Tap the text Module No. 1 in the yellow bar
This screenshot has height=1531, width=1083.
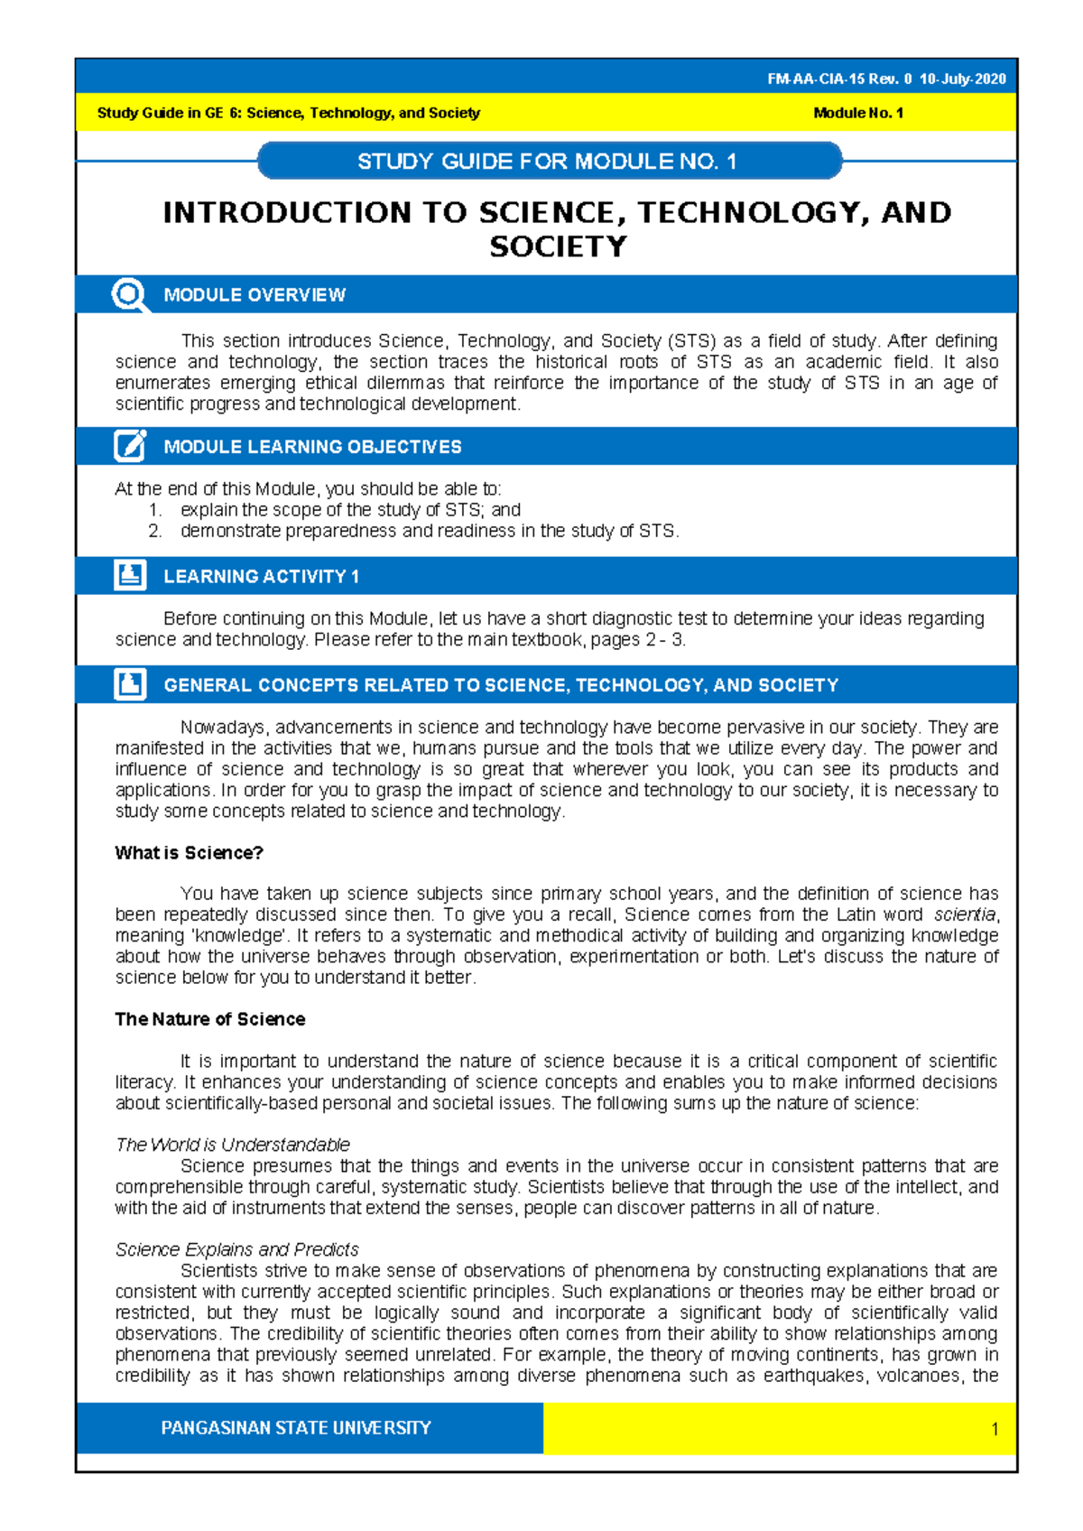coord(857,113)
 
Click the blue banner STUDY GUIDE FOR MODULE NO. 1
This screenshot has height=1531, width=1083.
coord(548,162)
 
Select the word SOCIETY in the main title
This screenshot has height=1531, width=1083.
coord(557,247)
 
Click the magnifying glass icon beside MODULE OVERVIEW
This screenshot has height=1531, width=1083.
coord(129,295)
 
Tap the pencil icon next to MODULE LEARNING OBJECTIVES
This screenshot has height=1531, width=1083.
coord(130,446)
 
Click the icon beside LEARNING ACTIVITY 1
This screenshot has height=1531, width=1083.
coord(130,575)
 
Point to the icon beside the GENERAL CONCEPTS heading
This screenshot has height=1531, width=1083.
coord(130,684)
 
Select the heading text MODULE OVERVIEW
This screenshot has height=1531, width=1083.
coord(255,295)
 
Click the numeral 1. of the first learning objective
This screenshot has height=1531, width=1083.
coord(155,510)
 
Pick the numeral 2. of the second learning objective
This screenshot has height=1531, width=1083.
coord(155,531)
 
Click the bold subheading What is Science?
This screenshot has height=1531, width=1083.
coord(189,853)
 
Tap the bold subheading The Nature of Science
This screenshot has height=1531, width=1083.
coord(209,1019)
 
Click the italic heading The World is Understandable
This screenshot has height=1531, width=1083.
coord(232,1145)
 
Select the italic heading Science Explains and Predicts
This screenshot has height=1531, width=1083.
coord(236,1249)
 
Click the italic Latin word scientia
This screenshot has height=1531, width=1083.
coord(965,914)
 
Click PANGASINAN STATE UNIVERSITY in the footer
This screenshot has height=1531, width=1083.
coord(295,1428)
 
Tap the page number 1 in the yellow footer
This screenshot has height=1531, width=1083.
coord(994,1429)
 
